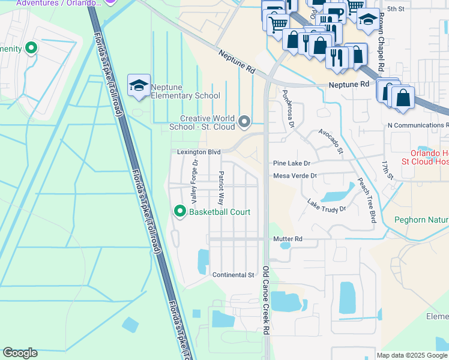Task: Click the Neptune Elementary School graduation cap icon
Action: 139,85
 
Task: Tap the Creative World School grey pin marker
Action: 244,122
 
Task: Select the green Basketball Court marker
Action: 179,211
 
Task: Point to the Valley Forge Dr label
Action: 194,180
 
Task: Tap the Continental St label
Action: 234,275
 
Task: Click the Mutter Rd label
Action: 288,239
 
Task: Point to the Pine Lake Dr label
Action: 291,163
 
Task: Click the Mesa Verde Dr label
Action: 294,176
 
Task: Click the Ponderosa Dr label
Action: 288,109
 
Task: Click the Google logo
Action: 20,353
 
